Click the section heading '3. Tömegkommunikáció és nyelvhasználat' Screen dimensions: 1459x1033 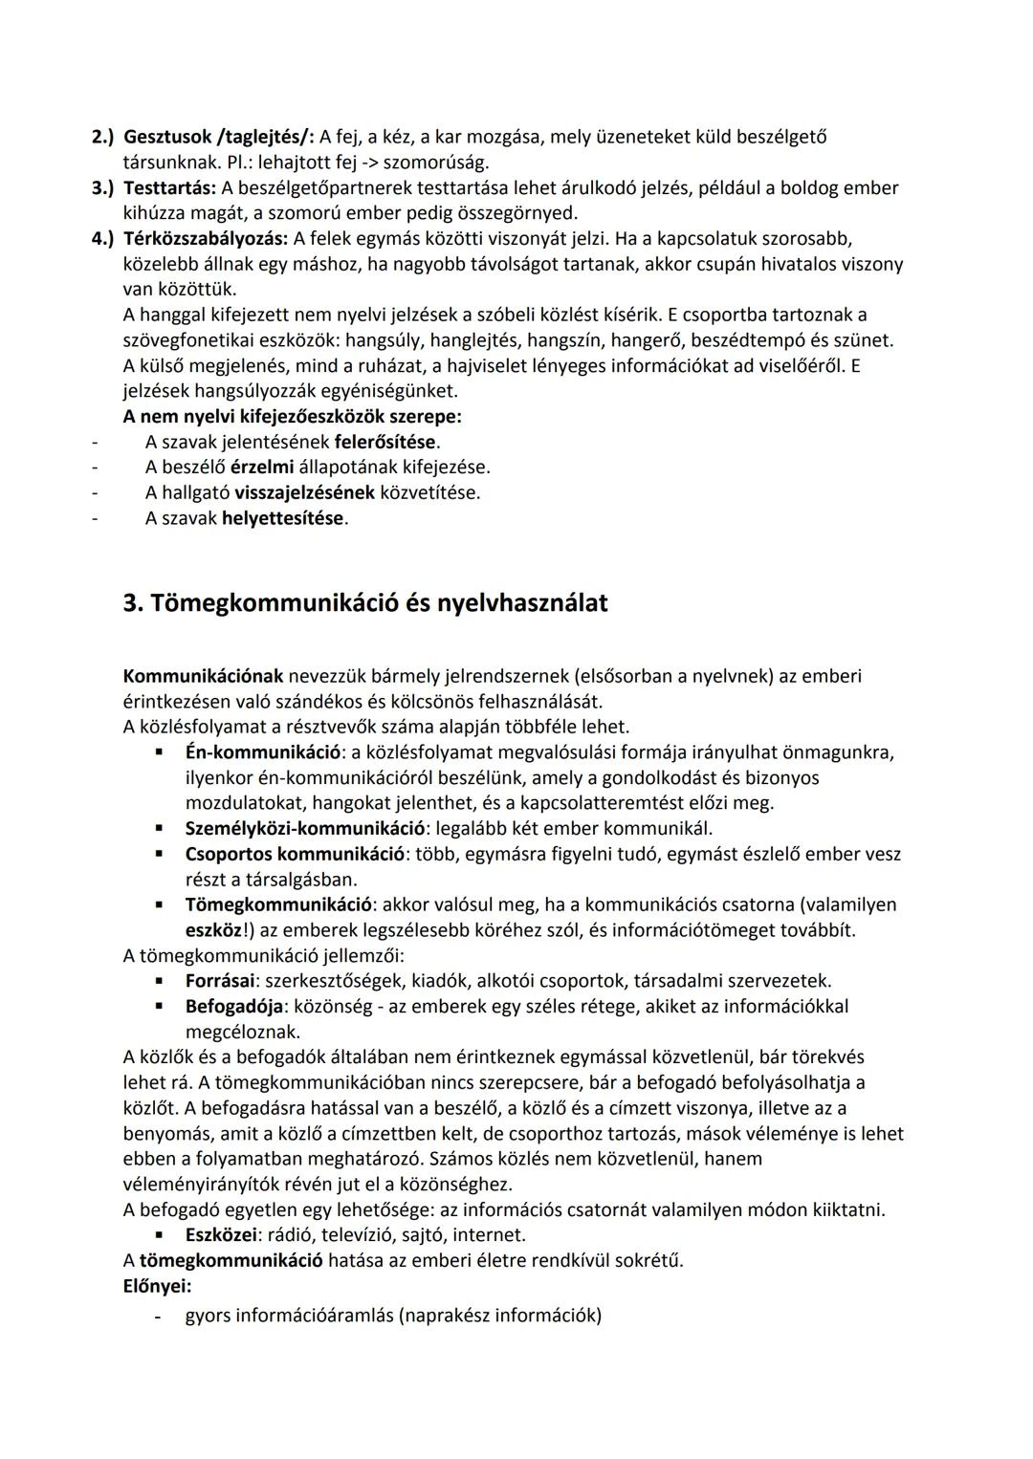click(x=365, y=604)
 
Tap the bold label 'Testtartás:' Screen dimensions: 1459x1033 click(x=170, y=187)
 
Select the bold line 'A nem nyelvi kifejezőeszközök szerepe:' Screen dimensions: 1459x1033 click(x=292, y=417)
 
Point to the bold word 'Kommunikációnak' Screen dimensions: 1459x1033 click(x=203, y=676)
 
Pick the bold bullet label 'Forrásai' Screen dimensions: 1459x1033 click(x=220, y=981)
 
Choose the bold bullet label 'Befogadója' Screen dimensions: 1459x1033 click(x=233, y=1006)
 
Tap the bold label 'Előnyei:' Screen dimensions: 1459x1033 click(x=157, y=1286)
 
